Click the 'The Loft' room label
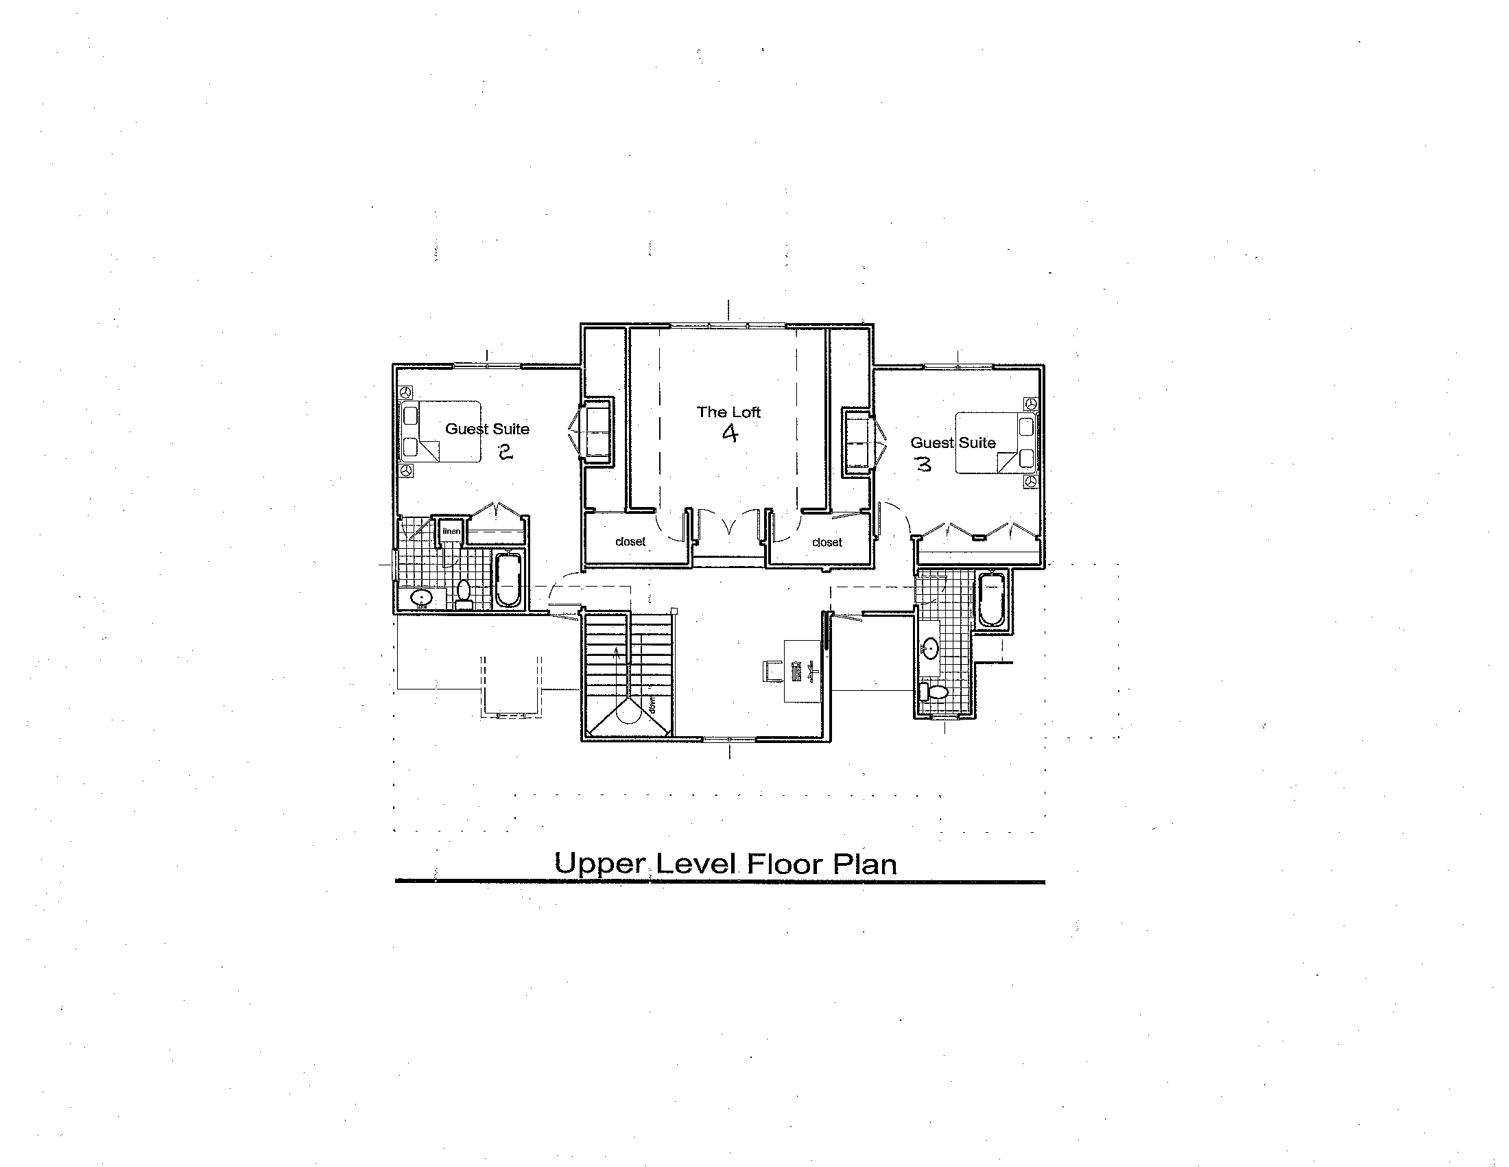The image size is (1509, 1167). (x=728, y=412)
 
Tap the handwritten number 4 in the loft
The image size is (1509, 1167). (x=730, y=433)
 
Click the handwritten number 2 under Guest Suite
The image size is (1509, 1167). (x=505, y=452)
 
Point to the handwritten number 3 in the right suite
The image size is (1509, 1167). (x=923, y=464)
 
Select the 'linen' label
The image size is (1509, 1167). (x=451, y=531)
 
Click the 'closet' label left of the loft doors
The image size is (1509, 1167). (x=630, y=542)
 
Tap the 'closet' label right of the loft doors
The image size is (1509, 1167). (x=827, y=543)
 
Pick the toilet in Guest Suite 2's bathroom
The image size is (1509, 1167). (x=464, y=594)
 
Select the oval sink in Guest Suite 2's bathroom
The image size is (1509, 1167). (x=420, y=598)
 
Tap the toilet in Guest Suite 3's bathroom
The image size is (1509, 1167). (x=934, y=692)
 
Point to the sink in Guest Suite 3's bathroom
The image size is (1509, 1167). (x=931, y=648)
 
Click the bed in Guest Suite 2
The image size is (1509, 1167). (x=441, y=432)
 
